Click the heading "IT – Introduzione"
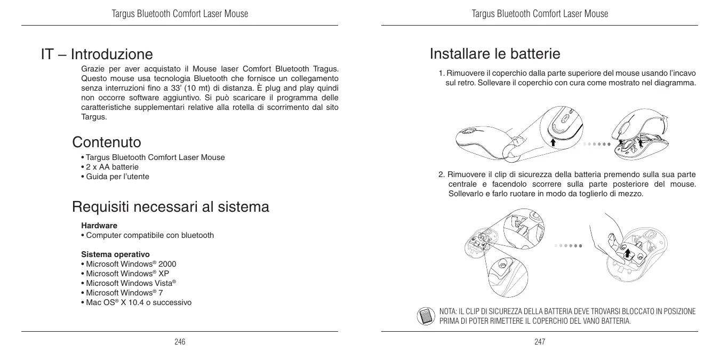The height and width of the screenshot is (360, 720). point(97,54)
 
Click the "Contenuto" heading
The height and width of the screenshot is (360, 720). point(107,142)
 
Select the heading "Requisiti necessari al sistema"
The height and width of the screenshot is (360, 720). point(171,206)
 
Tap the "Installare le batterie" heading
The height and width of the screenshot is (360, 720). point(495,54)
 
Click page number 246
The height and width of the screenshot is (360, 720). point(180,341)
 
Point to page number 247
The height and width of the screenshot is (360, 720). point(540,341)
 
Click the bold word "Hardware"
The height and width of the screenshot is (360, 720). point(99,226)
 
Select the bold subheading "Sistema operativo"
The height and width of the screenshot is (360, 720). point(115,254)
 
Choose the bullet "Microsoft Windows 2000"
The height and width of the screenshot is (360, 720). point(131,264)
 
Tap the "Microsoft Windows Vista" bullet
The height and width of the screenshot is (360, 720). point(131,283)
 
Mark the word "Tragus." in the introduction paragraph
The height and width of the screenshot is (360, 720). point(325,69)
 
